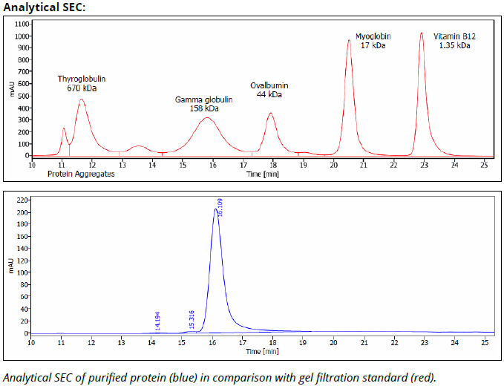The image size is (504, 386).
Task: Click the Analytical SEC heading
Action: point(44,7)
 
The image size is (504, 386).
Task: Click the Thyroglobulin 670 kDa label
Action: point(82,83)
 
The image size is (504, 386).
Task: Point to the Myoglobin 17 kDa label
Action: point(373,41)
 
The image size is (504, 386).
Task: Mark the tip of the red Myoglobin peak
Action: point(349,40)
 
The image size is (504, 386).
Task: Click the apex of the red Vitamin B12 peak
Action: point(422,33)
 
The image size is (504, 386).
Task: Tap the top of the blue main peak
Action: point(215,209)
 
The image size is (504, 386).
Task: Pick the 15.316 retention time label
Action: point(192,321)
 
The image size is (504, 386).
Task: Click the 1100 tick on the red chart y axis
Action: point(20,24)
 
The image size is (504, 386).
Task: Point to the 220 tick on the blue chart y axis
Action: point(22,200)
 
